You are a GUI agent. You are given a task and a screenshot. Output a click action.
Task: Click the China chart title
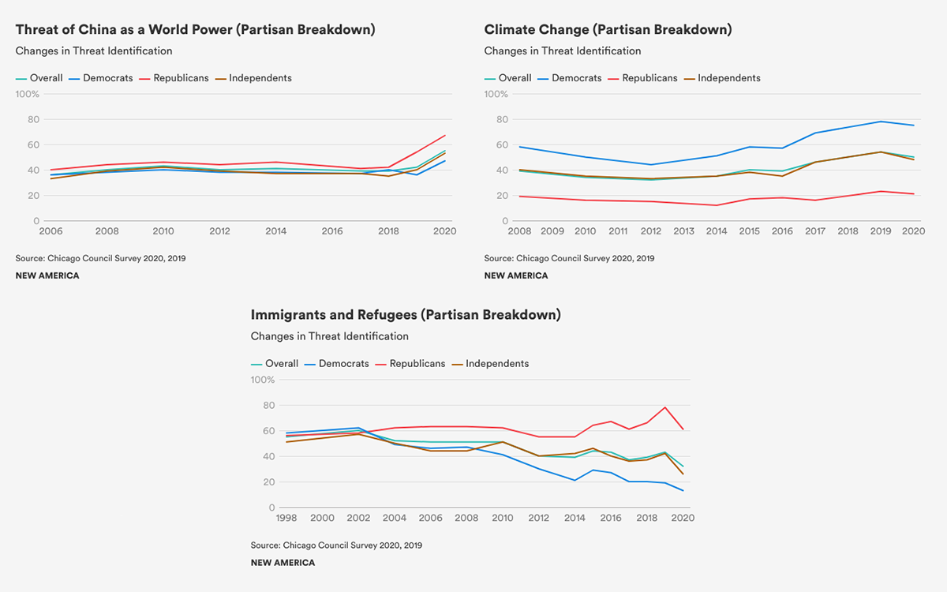tap(195, 30)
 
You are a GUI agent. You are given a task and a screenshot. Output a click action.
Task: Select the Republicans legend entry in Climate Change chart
tap(649, 78)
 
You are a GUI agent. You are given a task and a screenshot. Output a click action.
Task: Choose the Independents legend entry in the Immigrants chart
tap(496, 364)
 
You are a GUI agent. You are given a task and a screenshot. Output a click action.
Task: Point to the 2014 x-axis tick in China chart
tap(276, 231)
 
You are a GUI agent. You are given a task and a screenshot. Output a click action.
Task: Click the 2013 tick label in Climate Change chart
tap(683, 231)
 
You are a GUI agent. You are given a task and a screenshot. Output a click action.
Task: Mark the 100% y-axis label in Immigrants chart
tap(263, 380)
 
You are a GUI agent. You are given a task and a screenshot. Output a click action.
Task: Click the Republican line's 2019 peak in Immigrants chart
tap(666, 407)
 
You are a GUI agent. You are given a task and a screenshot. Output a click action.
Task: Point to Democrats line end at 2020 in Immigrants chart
tap(683, 491)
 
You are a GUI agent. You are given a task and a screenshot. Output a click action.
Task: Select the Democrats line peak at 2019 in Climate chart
tap(881, 122)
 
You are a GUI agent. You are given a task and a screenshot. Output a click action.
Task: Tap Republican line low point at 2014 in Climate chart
tap(716, 205)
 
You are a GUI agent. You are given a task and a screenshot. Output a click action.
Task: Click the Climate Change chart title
tap(608, 30)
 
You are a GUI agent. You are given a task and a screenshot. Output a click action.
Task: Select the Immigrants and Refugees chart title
tap(406, 315)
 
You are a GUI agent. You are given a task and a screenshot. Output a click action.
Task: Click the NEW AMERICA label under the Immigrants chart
tap(283, 563)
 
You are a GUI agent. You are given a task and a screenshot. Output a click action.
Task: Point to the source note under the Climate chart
tap(569, 258)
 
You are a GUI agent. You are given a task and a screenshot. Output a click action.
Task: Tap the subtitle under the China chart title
tap(94, 51)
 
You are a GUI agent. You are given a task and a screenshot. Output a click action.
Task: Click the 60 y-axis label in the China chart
tap(33, 144)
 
